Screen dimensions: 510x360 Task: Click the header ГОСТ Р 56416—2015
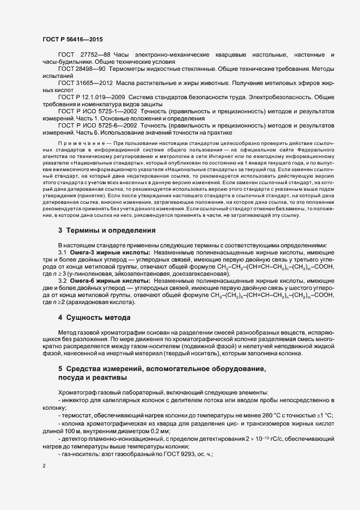(72, 39)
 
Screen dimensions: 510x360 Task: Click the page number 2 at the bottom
(44, 466)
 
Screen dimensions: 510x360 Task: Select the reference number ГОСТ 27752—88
(83, 55)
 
